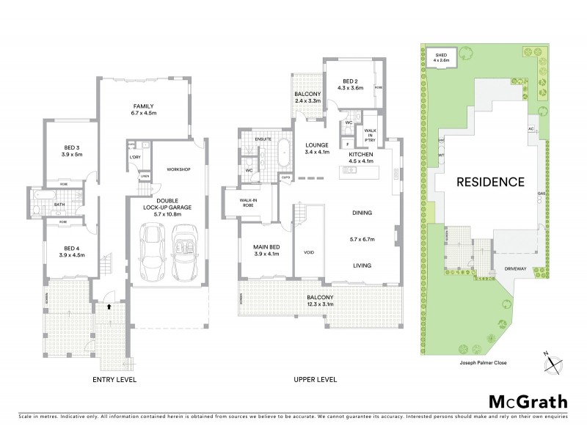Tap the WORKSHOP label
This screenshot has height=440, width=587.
tap(178, 169)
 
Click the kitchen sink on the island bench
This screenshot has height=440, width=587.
tap(349, 169)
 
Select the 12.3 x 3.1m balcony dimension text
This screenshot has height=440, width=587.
tap(320, 304)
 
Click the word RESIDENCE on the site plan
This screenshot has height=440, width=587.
tap(491, 181)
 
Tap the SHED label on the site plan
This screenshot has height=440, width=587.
tap(442, 54)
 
